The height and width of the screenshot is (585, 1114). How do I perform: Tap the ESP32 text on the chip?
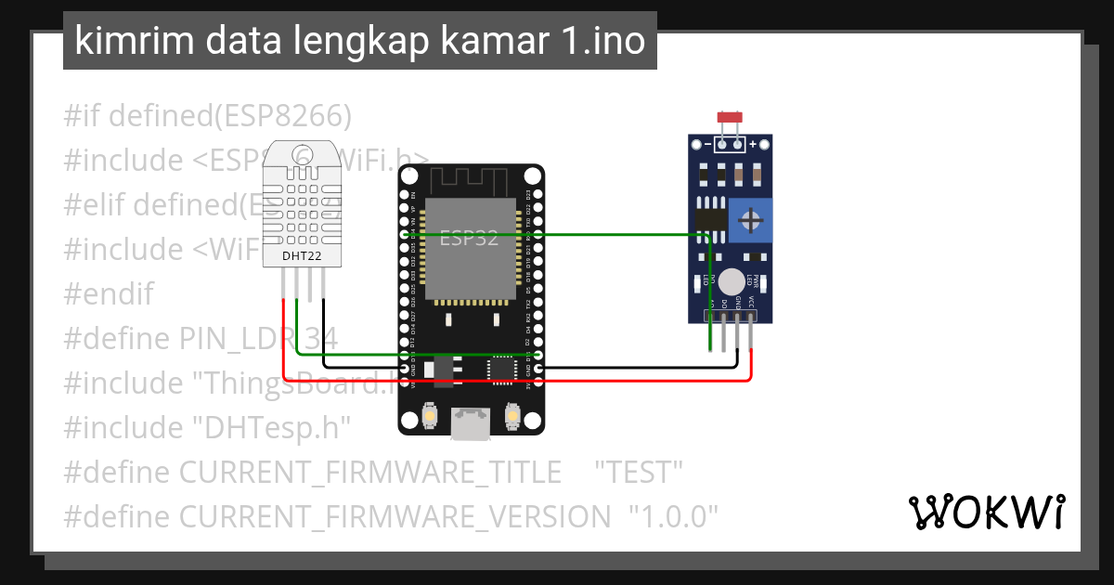(x=469, y=239)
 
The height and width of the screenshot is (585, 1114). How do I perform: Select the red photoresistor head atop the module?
(x=730, y=118)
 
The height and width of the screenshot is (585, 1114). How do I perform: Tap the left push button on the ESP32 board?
(x=431, y=416)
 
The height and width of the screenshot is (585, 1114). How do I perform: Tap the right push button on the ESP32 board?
(x=512, y=416)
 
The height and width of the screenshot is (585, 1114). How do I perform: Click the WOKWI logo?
(x=986, y=512)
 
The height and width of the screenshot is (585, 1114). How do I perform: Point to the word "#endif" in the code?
(x=108, y=294)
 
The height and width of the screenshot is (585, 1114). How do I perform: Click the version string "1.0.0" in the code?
(x=674, y=516)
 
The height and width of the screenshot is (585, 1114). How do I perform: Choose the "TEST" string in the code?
(x=639, y=472)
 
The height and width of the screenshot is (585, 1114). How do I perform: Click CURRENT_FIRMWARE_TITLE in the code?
(x=369, y=472)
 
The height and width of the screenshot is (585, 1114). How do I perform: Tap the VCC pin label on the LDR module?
(x=750, y=303)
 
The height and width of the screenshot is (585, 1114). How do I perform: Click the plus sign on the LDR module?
(x=753, y=144)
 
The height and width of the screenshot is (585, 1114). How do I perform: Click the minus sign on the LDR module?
(x=707, y=144)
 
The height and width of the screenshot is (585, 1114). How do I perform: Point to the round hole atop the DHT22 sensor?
(x=304, y=154)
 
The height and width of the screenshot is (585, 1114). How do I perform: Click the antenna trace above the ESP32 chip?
(x=470, y=180)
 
